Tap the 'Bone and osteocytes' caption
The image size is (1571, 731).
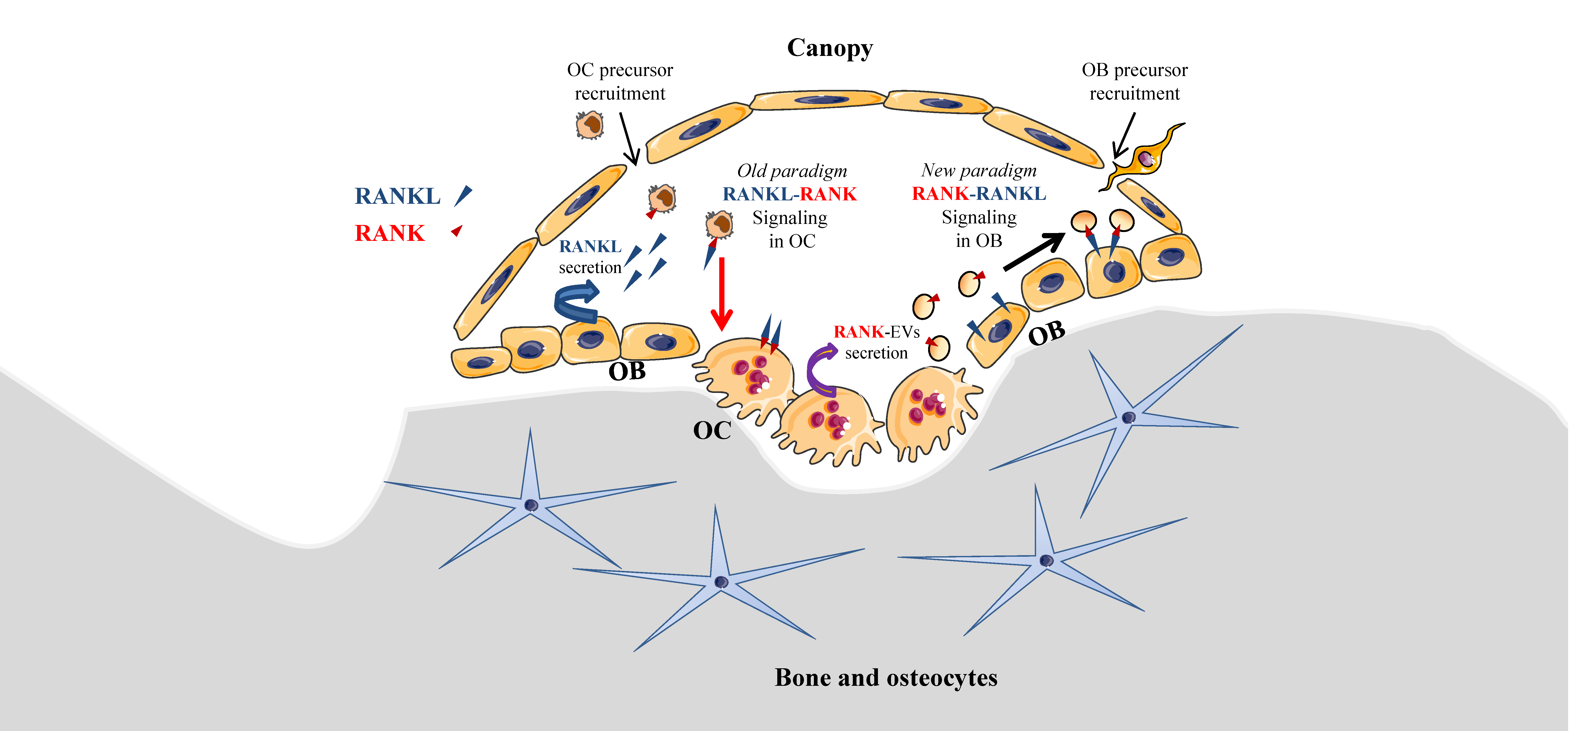[886, 677]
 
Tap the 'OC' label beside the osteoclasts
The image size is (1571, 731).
[712, 431]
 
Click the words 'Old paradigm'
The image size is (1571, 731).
[792, 171]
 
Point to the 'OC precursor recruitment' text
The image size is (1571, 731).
[620, 82]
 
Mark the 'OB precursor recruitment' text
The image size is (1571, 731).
[1134, 82]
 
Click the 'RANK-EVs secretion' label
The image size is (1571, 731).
[876, 342]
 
